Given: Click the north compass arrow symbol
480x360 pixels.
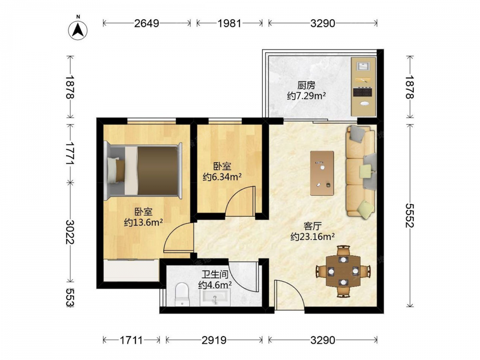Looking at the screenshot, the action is [78, 30].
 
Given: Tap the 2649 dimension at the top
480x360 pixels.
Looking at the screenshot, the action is [146, 23].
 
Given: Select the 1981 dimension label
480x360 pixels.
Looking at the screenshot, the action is [229, 23].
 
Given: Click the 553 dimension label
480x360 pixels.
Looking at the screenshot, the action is [70, 297].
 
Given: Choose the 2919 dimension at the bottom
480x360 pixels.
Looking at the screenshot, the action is [214, 340].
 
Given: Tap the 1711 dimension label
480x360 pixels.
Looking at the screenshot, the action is [131, 340].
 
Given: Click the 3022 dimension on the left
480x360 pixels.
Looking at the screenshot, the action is [70, 232].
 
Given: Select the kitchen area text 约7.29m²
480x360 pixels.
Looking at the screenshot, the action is [306, 96].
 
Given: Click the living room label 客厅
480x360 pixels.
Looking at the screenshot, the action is [312, 226].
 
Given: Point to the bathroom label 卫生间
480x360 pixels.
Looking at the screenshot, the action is [215, 274].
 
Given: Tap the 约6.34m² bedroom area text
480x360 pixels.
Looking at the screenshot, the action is [222, 177].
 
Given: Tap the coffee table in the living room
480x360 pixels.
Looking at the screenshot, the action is [322, 173].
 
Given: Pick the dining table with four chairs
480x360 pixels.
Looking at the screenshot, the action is [343, 271].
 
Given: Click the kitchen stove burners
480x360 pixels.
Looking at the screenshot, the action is [363, 92].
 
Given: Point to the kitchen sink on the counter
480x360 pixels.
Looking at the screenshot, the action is [363, 66].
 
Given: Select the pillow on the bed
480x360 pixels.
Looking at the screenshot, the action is [114, 170].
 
